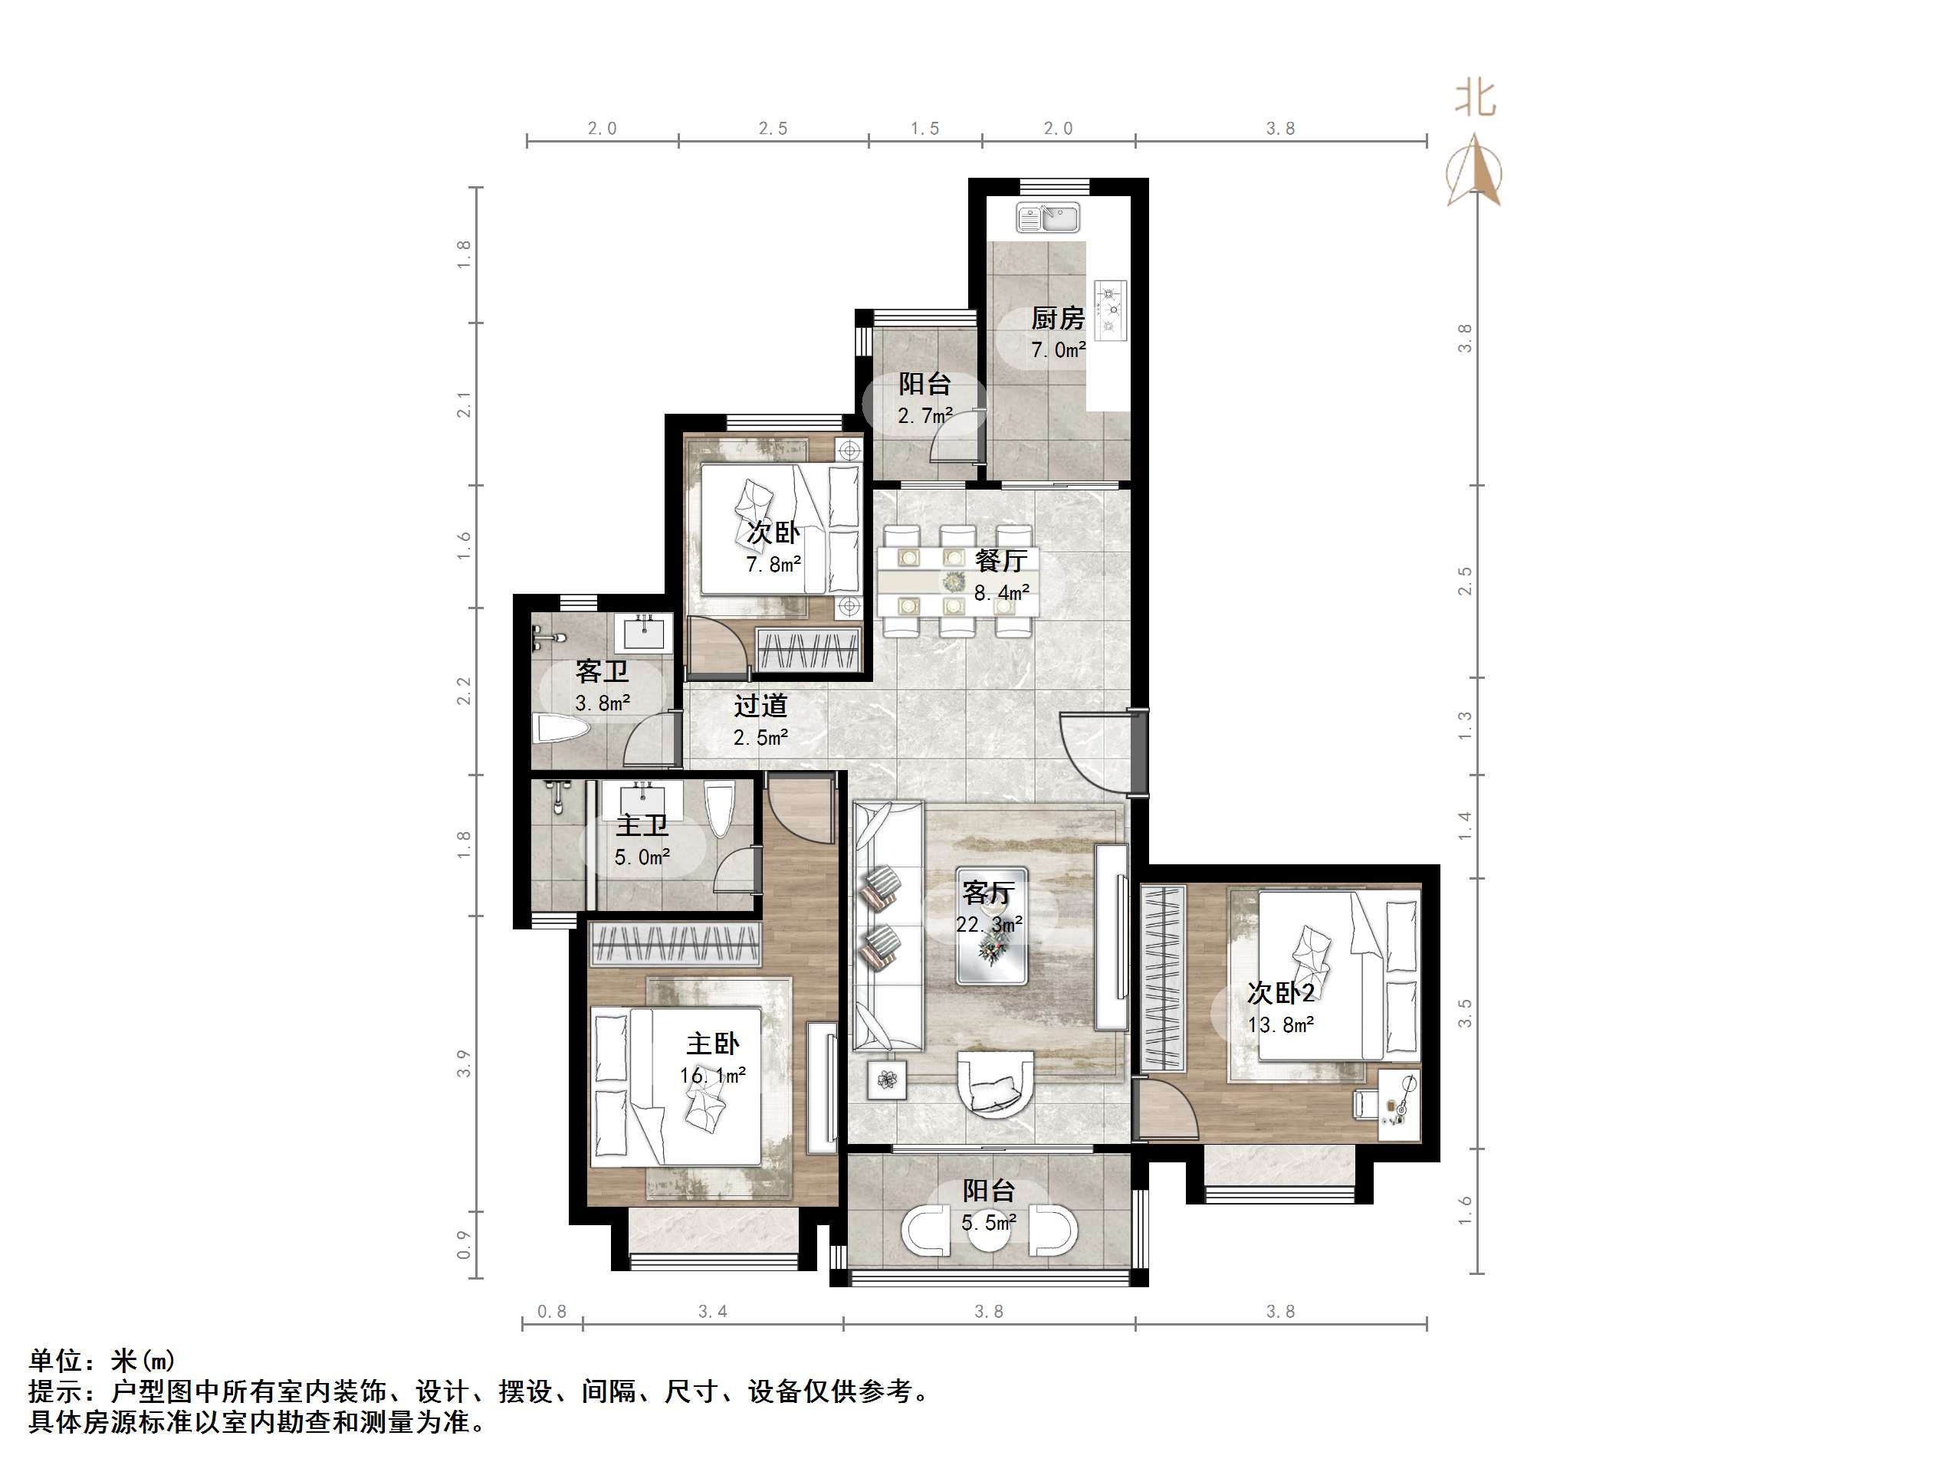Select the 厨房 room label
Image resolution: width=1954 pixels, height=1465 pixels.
[x=1057, y=318]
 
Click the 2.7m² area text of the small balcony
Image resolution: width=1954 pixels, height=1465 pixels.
[x=925, y=415]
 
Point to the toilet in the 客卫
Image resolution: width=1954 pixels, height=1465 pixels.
[x=562, y=730]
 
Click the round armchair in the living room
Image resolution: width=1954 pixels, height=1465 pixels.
[x=996, y=1084]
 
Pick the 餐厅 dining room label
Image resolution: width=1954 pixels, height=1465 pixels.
[x=1001, y=560]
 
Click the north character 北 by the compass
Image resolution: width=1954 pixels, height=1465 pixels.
[x=1475, y=98]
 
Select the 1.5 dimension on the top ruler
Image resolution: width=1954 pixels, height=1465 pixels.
[x=925, y=129]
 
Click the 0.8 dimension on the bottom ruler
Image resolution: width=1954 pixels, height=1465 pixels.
[x=552, y=1311]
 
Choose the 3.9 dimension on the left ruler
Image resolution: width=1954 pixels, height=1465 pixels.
[x=464, y=1064]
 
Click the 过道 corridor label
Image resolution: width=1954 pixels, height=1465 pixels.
[x=760, y=706]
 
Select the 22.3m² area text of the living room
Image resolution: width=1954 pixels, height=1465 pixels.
[x=990, y=925]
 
